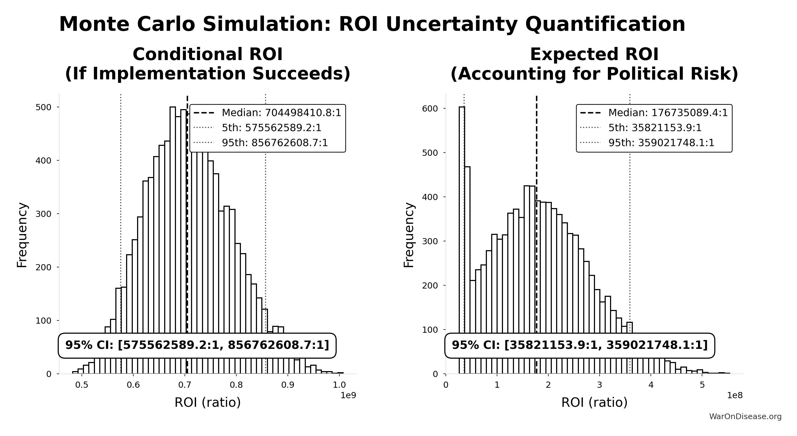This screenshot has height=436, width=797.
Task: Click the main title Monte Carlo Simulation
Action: click(x=372, y=24)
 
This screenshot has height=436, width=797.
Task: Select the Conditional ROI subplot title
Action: click(x=208, y=64)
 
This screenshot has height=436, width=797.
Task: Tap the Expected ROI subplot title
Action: click(x=594, y=64)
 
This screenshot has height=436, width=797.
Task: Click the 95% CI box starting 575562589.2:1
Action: click(x=197, y=345)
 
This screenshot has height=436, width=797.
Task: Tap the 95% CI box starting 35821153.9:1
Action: click(x=579, y=345)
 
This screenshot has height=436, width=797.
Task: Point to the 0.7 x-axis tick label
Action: click(x=185, y=385)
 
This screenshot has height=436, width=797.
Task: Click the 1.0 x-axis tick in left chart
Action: click(x=339, y=385)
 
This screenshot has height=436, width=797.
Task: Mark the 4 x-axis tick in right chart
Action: click(x=651, y=385)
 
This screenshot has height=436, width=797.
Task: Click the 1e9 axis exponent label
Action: click(x=348, y=396)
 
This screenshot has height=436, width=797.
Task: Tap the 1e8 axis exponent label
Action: click(x=734, y=396)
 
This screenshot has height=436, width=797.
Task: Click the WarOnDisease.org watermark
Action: click(x=745, y=416)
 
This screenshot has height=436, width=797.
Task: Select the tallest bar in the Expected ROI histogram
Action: click(x=462, y=216)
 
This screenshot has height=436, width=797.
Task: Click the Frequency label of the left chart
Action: click(x=22, y=235)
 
